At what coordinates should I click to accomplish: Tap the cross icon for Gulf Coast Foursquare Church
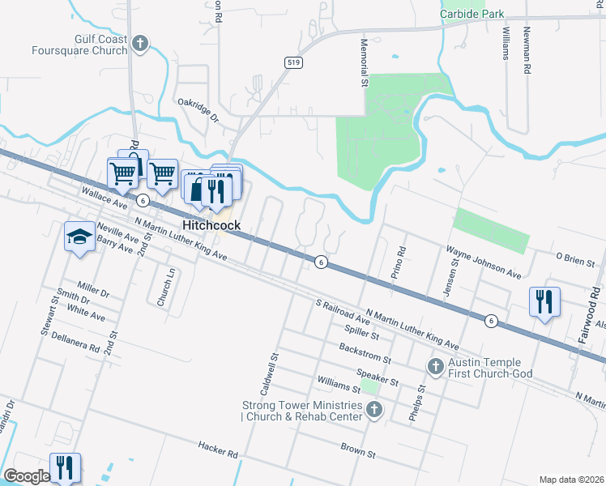click(x=140, y=44)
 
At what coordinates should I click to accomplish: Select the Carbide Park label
click(x=472, y=14)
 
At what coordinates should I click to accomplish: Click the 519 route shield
click(x=293, y=62)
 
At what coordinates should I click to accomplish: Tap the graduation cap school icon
click(x=79, y=236)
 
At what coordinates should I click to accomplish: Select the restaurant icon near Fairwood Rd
click(x=543, y=301)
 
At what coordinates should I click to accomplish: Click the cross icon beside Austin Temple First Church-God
click(x=434, y=368)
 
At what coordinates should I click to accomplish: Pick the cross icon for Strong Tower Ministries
click(x=373, y=411)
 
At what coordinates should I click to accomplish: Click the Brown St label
click(x=358, y=450)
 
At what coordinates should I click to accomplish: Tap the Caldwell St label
click(x=275, y=368)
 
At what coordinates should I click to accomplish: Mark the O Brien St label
click(x=575, y=259)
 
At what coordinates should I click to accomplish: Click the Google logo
click(x=26, y=476)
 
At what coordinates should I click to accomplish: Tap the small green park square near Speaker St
click(x=370, y=386)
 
